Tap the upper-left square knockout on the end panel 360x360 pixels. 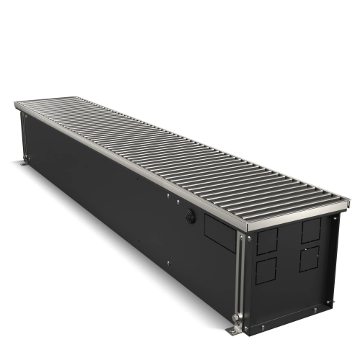tap(266, 243)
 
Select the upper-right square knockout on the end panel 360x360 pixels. tap(311, 230)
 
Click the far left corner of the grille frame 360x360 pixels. tap(17, 104)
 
